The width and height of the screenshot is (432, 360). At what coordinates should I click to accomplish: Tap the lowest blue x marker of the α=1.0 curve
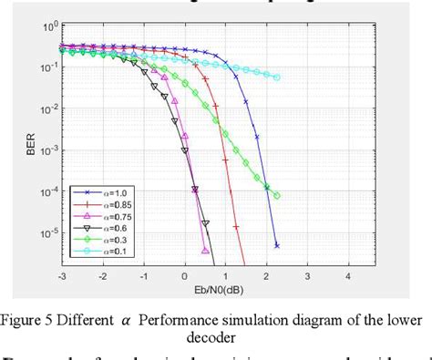276,245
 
